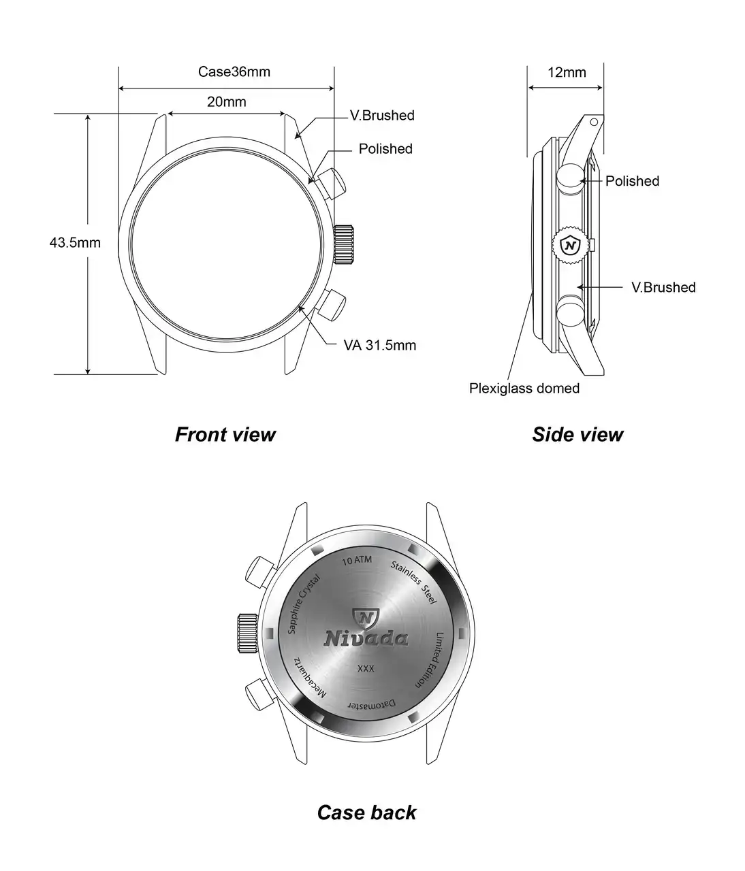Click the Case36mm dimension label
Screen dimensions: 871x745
[x=234, y=71]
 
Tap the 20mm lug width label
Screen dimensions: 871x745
[x=227, y=102]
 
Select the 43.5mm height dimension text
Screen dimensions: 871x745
[x=75, y=242]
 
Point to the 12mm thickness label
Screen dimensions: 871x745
[x=567, y=72]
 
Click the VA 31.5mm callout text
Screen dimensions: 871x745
[x=380, y=345]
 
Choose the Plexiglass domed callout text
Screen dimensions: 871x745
[x=524, y=389]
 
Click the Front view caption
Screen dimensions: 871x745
[x=225, y=434]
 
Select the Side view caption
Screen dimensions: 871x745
[x=577, y=434]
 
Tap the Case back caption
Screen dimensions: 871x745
[x=366, y=812]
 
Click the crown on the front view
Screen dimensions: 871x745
[x=345, y=244]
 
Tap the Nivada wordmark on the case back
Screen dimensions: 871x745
[x=366, y=638]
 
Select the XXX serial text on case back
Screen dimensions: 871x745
[x=366, y=670]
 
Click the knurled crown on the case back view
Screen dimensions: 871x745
[x=247, y=632]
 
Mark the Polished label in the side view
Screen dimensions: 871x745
[x=632, y=181]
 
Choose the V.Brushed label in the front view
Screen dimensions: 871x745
[x=382, y=116]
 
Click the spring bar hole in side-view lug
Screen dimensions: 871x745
[x=594, y=122]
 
